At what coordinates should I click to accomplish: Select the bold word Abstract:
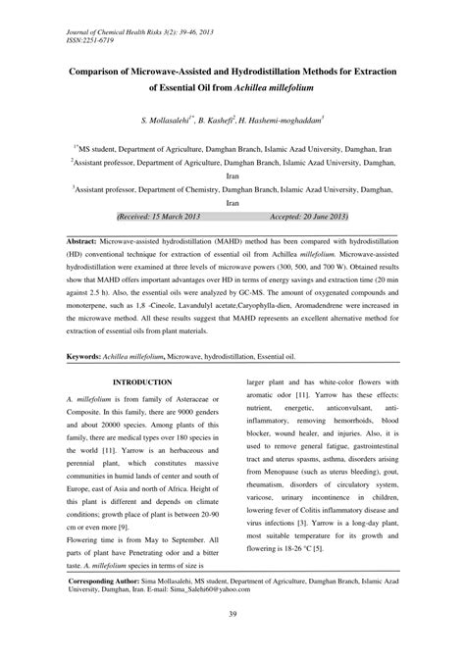89,239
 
